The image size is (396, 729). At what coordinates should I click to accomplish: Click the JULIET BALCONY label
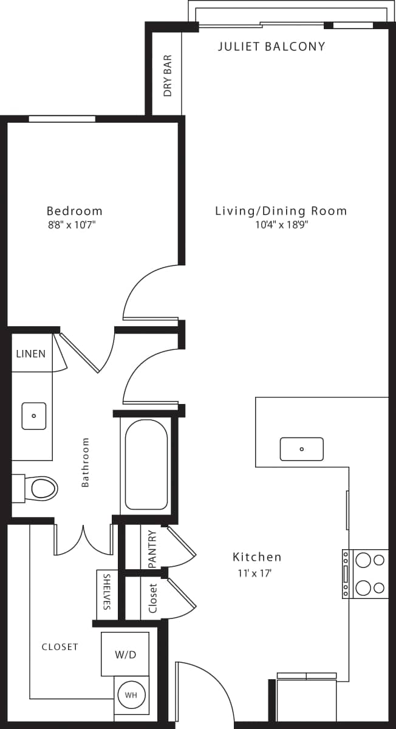point(271,46)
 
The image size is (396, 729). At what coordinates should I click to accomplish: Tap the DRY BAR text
point(168,76)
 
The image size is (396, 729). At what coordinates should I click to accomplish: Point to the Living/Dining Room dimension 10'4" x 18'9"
point(281,225)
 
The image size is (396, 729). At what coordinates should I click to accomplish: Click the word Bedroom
point(74,211)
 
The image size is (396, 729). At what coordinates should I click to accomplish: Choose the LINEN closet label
point(30,353)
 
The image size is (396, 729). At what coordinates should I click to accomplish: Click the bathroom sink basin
point(33,416)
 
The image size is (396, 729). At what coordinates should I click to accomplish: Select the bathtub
point(146,464)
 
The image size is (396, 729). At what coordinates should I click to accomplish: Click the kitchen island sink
point(301,449)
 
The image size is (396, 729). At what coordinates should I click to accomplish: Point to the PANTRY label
point(152,549)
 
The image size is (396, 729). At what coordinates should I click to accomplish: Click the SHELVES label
point(107,592)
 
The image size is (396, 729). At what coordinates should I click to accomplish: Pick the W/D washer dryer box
point(125,655)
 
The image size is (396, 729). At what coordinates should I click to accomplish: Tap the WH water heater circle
point(131,694)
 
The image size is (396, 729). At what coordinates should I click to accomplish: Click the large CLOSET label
point(60,647)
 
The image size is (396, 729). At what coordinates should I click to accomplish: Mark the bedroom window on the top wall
point(62,118)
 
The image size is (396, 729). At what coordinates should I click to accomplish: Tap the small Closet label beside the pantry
point(152,598)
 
